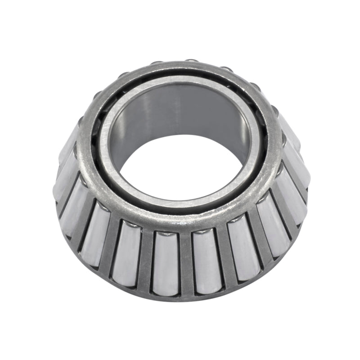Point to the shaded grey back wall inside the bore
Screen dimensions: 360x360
point(189,108)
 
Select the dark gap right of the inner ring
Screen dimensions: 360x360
point(265,135)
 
